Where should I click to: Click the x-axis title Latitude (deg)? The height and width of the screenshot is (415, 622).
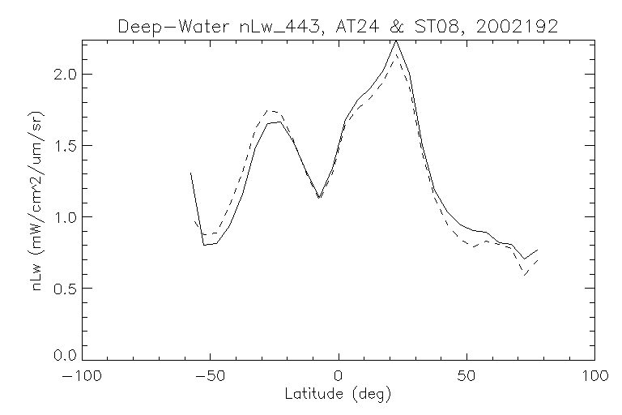point(339,396)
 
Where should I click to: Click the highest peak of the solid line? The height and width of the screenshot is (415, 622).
point(396,41)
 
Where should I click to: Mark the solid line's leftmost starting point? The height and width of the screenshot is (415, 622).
point(191,173)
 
